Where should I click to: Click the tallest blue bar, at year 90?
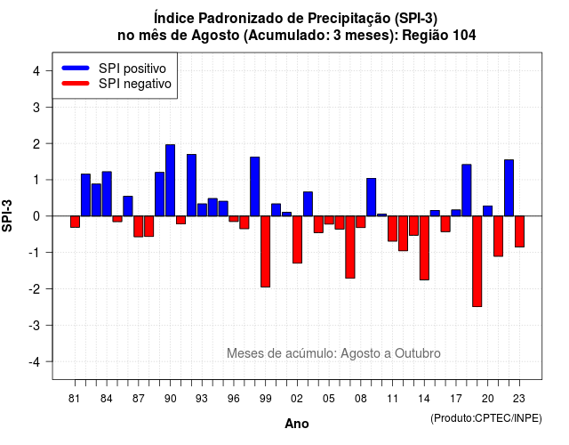(170, 180)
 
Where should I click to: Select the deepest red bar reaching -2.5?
(477, 261)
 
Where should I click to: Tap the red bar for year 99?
(265, 251)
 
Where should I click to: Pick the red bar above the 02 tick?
(297, 239)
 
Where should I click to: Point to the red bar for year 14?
(424, 247)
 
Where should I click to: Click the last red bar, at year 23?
(519, 231)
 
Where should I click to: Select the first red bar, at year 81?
(75, 222)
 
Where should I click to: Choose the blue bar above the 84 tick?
(107, 194)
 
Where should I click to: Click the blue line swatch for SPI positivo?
(76, 68)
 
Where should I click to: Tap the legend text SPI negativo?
(135, 84)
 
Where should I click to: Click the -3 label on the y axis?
(34, 325)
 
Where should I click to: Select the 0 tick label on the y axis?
(36, 216)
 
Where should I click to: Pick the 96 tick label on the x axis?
(233, 399)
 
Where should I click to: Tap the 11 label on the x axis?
(392, 399)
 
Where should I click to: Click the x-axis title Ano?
(297, 424)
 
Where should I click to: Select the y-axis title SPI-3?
(7, 215)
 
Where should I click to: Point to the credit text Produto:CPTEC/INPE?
(486, 418)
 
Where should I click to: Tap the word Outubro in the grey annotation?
(418, 353)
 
